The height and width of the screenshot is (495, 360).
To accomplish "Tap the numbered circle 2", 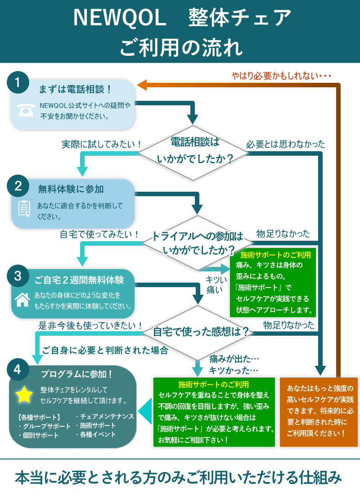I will pos(18,186).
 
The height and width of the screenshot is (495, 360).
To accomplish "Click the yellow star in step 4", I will pos(24,394).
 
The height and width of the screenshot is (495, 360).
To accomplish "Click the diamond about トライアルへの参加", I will pos(197,243).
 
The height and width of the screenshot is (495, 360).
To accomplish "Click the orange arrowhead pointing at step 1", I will pos(142,84).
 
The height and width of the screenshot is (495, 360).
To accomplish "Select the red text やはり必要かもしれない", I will pos(281,75).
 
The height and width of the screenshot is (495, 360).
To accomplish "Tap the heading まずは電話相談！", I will pos(75,89).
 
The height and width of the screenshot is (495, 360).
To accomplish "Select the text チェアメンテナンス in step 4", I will pos(106,416).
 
